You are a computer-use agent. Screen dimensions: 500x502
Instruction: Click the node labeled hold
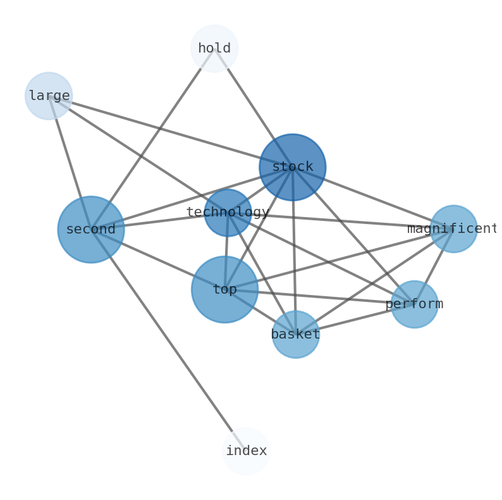pyautogui.click(x=214, y=49)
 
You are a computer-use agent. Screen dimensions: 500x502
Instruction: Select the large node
pyautogui.click(x=49, y=96)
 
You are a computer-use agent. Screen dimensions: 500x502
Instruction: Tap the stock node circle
pyautogui.click(x=293, y=167)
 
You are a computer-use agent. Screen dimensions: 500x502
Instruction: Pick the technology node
pyautogui.click(x=228, y=213)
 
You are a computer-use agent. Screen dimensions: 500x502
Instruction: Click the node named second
pyautogui.click(x=91, y=229)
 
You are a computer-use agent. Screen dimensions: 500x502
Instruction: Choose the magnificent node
pyautogui.click(x=453, y=229)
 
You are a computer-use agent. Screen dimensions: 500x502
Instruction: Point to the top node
pyautogui.click(x=224, y=289)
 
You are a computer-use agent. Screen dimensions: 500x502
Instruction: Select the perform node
pyautogui.click(x=414, y=304)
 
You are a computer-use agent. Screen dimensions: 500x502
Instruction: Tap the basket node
pyautogui.click(x=295, y=334)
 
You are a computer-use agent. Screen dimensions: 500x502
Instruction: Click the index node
pyautogui.click(x=246, y=451)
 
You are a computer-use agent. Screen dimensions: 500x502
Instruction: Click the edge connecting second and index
pyautogui.click(x=168, y=340)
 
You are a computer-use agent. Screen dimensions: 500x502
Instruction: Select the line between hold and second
pyautogui.click(x=152, y=139)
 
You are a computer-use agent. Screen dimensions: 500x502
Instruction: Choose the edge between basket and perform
pyautogui.click(x=355, y=319)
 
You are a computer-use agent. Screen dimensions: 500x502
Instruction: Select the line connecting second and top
pyautogui.click(x=158, y=259)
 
